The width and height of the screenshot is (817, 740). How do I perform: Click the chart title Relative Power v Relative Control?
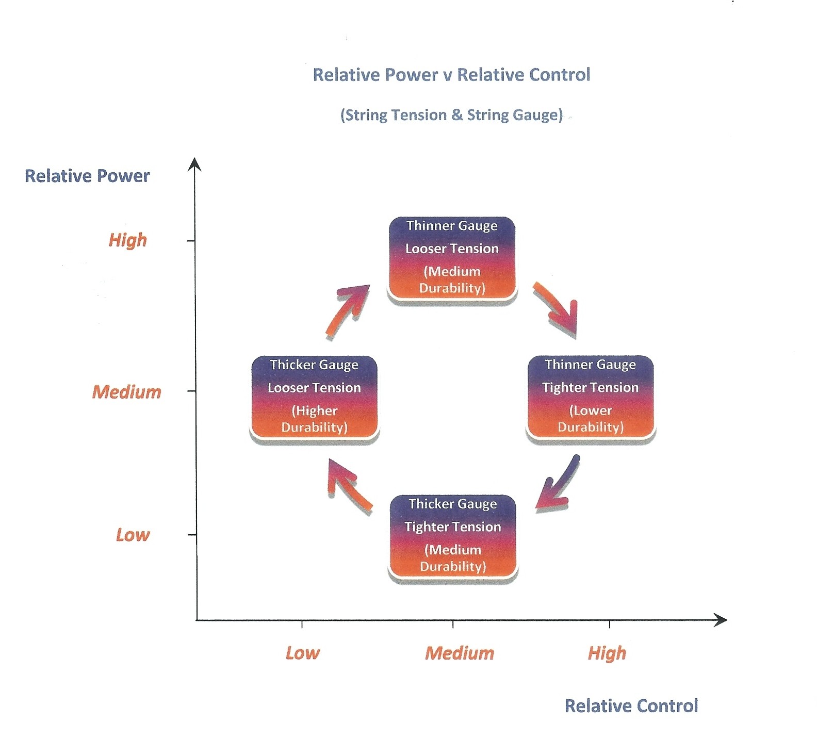pos(451,75)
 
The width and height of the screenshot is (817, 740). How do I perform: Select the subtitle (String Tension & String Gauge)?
pos(451,114)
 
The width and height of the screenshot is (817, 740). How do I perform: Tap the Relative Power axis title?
pos(87,176)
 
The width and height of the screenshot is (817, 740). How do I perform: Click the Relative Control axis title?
pos(631,705)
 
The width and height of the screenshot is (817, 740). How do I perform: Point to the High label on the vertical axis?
pos(127,240)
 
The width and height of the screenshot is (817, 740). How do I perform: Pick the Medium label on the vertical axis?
pos(127,392)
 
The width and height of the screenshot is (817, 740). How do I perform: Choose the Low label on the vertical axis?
pos(133,535)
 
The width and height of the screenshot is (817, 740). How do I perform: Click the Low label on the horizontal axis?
pos(303,653)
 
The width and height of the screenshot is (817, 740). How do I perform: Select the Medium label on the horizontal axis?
pos(460,653)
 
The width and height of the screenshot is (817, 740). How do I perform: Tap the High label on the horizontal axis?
pos(607,653)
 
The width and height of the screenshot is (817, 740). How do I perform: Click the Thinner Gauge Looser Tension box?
pos(452,258)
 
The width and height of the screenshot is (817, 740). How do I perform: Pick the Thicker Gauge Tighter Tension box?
pos(453,536)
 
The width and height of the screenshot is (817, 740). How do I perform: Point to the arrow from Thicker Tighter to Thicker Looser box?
pos(348,485)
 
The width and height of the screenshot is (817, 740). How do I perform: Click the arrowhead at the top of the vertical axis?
pos(194,163)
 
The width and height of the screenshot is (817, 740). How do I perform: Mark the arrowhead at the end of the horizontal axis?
pos(721,620)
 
